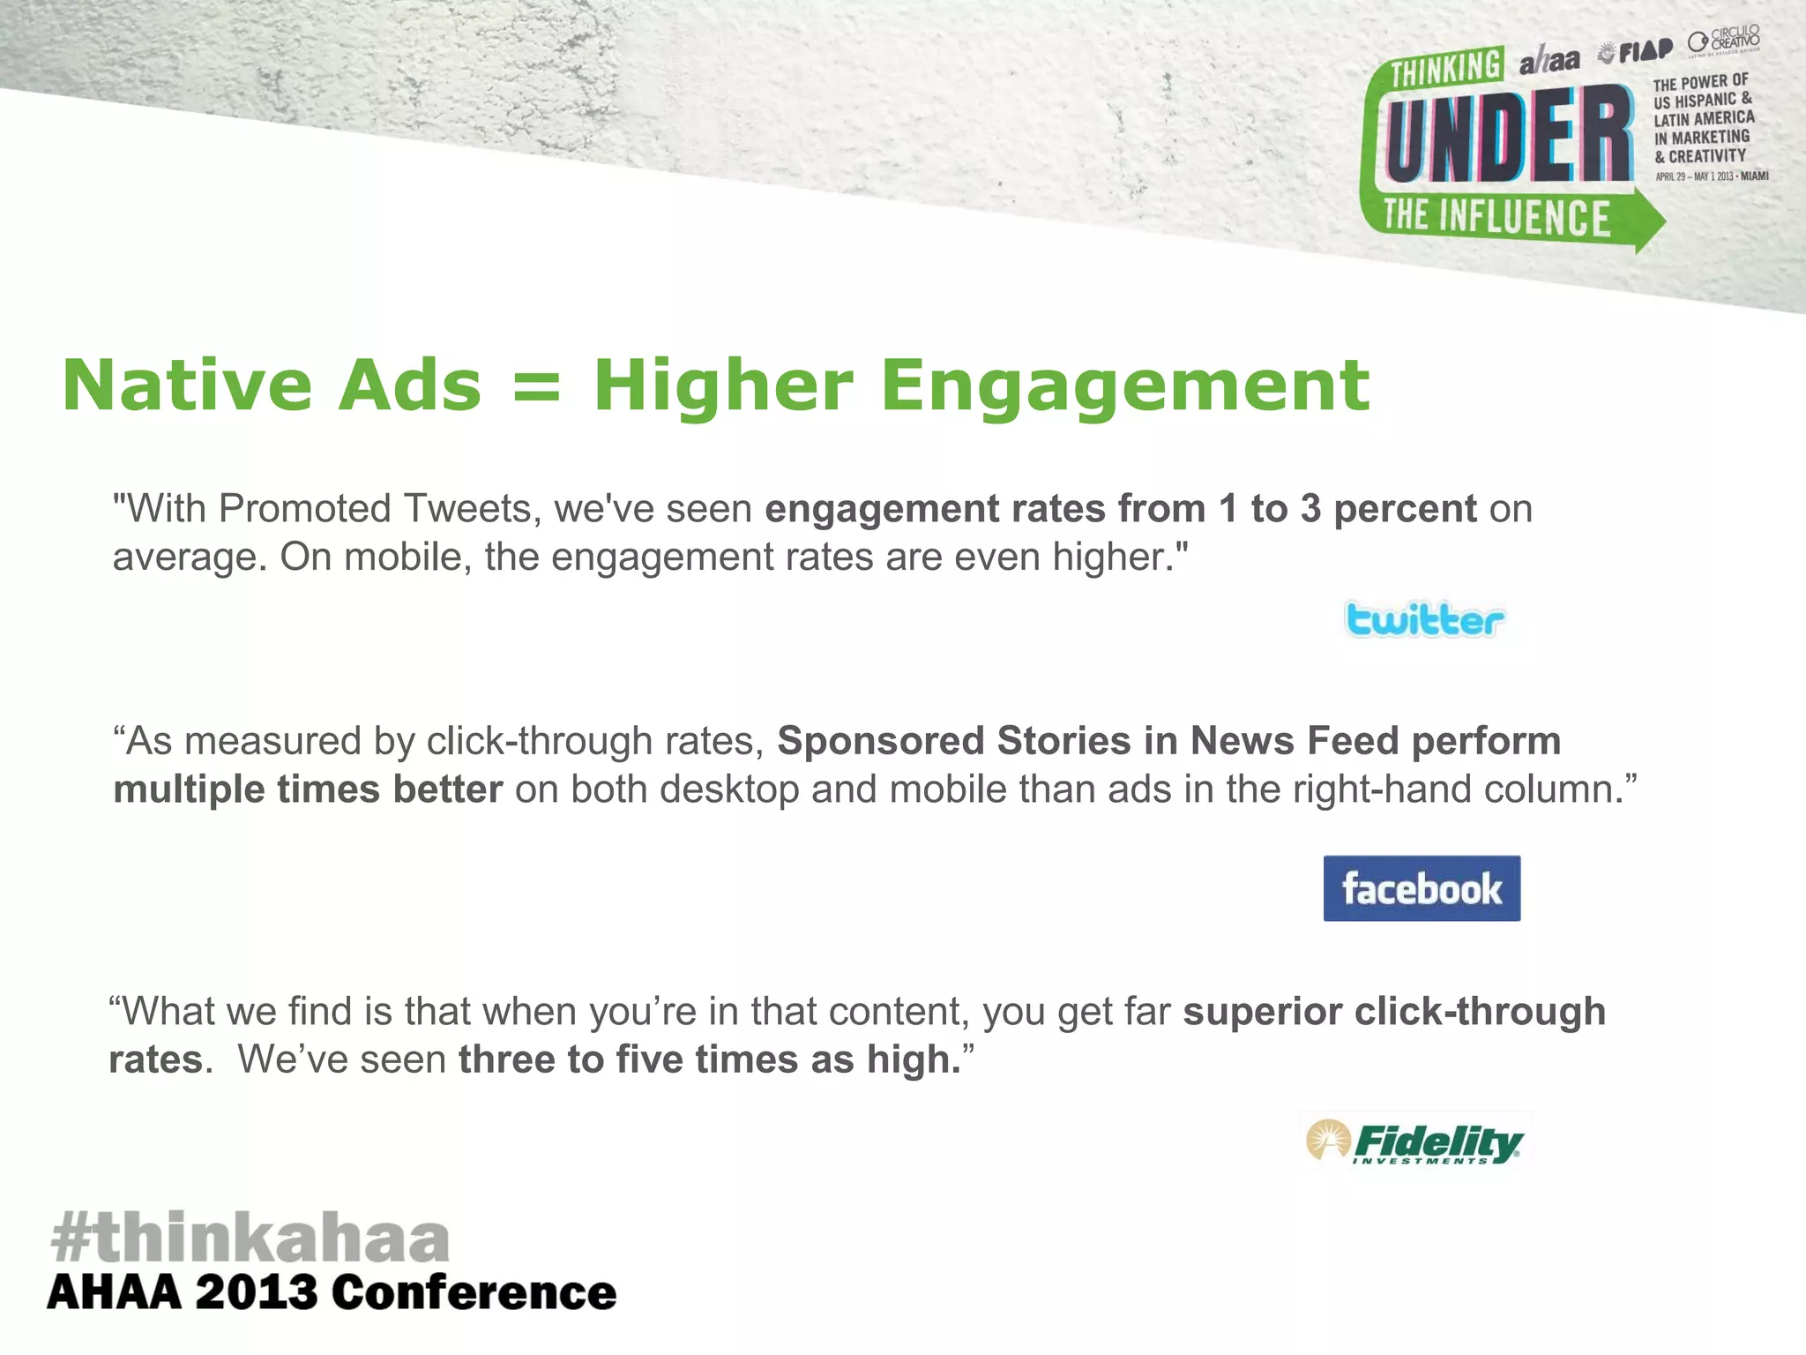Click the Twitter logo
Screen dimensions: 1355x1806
point(1424,619)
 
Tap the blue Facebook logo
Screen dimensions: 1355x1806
point(1422,888)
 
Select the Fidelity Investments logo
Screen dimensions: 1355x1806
point(1415,1142)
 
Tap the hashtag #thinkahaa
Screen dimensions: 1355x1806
point(250,1237)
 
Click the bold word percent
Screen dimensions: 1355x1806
point(1405,509)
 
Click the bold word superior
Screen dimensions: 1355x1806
point(1262,1012)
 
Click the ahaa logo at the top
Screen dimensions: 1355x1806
point(1549,60)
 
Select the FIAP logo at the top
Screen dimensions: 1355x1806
point(1636,51)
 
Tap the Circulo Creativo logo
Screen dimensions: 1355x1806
point(1724,41)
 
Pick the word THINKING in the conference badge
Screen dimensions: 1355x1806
point(1446,68)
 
